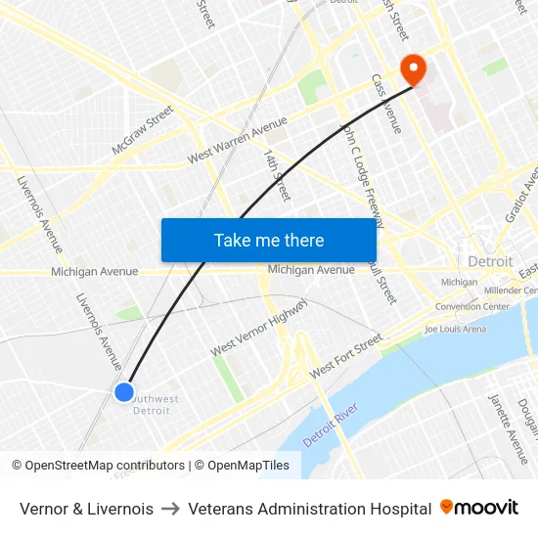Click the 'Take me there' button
click(268, 240)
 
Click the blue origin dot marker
click(123, 391)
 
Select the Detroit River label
click(332, 425)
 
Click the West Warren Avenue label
click(238, 141)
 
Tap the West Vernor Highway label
click(259, 327)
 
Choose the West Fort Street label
click(345, 358)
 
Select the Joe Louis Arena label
click(455, 330)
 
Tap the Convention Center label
click(472, 306)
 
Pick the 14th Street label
click(277, 175)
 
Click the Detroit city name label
click(490, 261)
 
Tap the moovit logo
click(479, 508)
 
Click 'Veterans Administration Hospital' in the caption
click(309, 509)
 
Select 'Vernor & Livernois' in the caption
click(86, 509)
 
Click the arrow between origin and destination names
click(170, 509)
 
